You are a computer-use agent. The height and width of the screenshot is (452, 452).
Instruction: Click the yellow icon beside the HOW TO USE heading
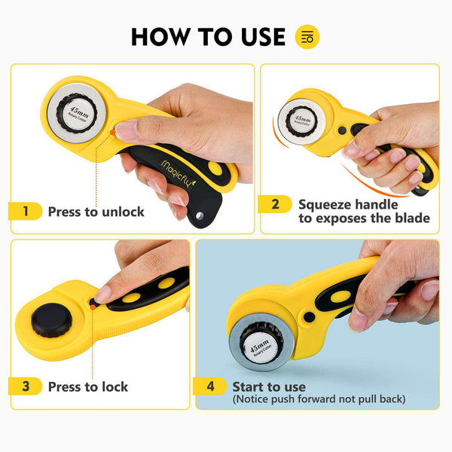[307, 36]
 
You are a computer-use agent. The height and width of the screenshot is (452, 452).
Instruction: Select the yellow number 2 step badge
[275, 204]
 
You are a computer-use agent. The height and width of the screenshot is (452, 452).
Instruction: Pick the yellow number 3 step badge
[26, 386]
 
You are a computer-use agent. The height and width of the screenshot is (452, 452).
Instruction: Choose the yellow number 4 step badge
[210, 386]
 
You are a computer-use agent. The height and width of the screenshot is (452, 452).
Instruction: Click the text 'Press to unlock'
[96, 212]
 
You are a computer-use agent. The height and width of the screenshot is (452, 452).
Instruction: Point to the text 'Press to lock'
[88, 386]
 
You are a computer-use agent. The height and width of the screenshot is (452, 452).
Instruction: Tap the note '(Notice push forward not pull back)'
[319, 399]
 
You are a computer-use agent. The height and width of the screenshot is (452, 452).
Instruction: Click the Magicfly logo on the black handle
[172, 160]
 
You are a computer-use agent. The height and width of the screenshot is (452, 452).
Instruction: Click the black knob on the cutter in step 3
[51, 322]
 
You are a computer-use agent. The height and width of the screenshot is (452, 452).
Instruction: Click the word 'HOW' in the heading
[157, 36]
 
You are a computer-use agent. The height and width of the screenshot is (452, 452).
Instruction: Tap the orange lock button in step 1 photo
[112, 133]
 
